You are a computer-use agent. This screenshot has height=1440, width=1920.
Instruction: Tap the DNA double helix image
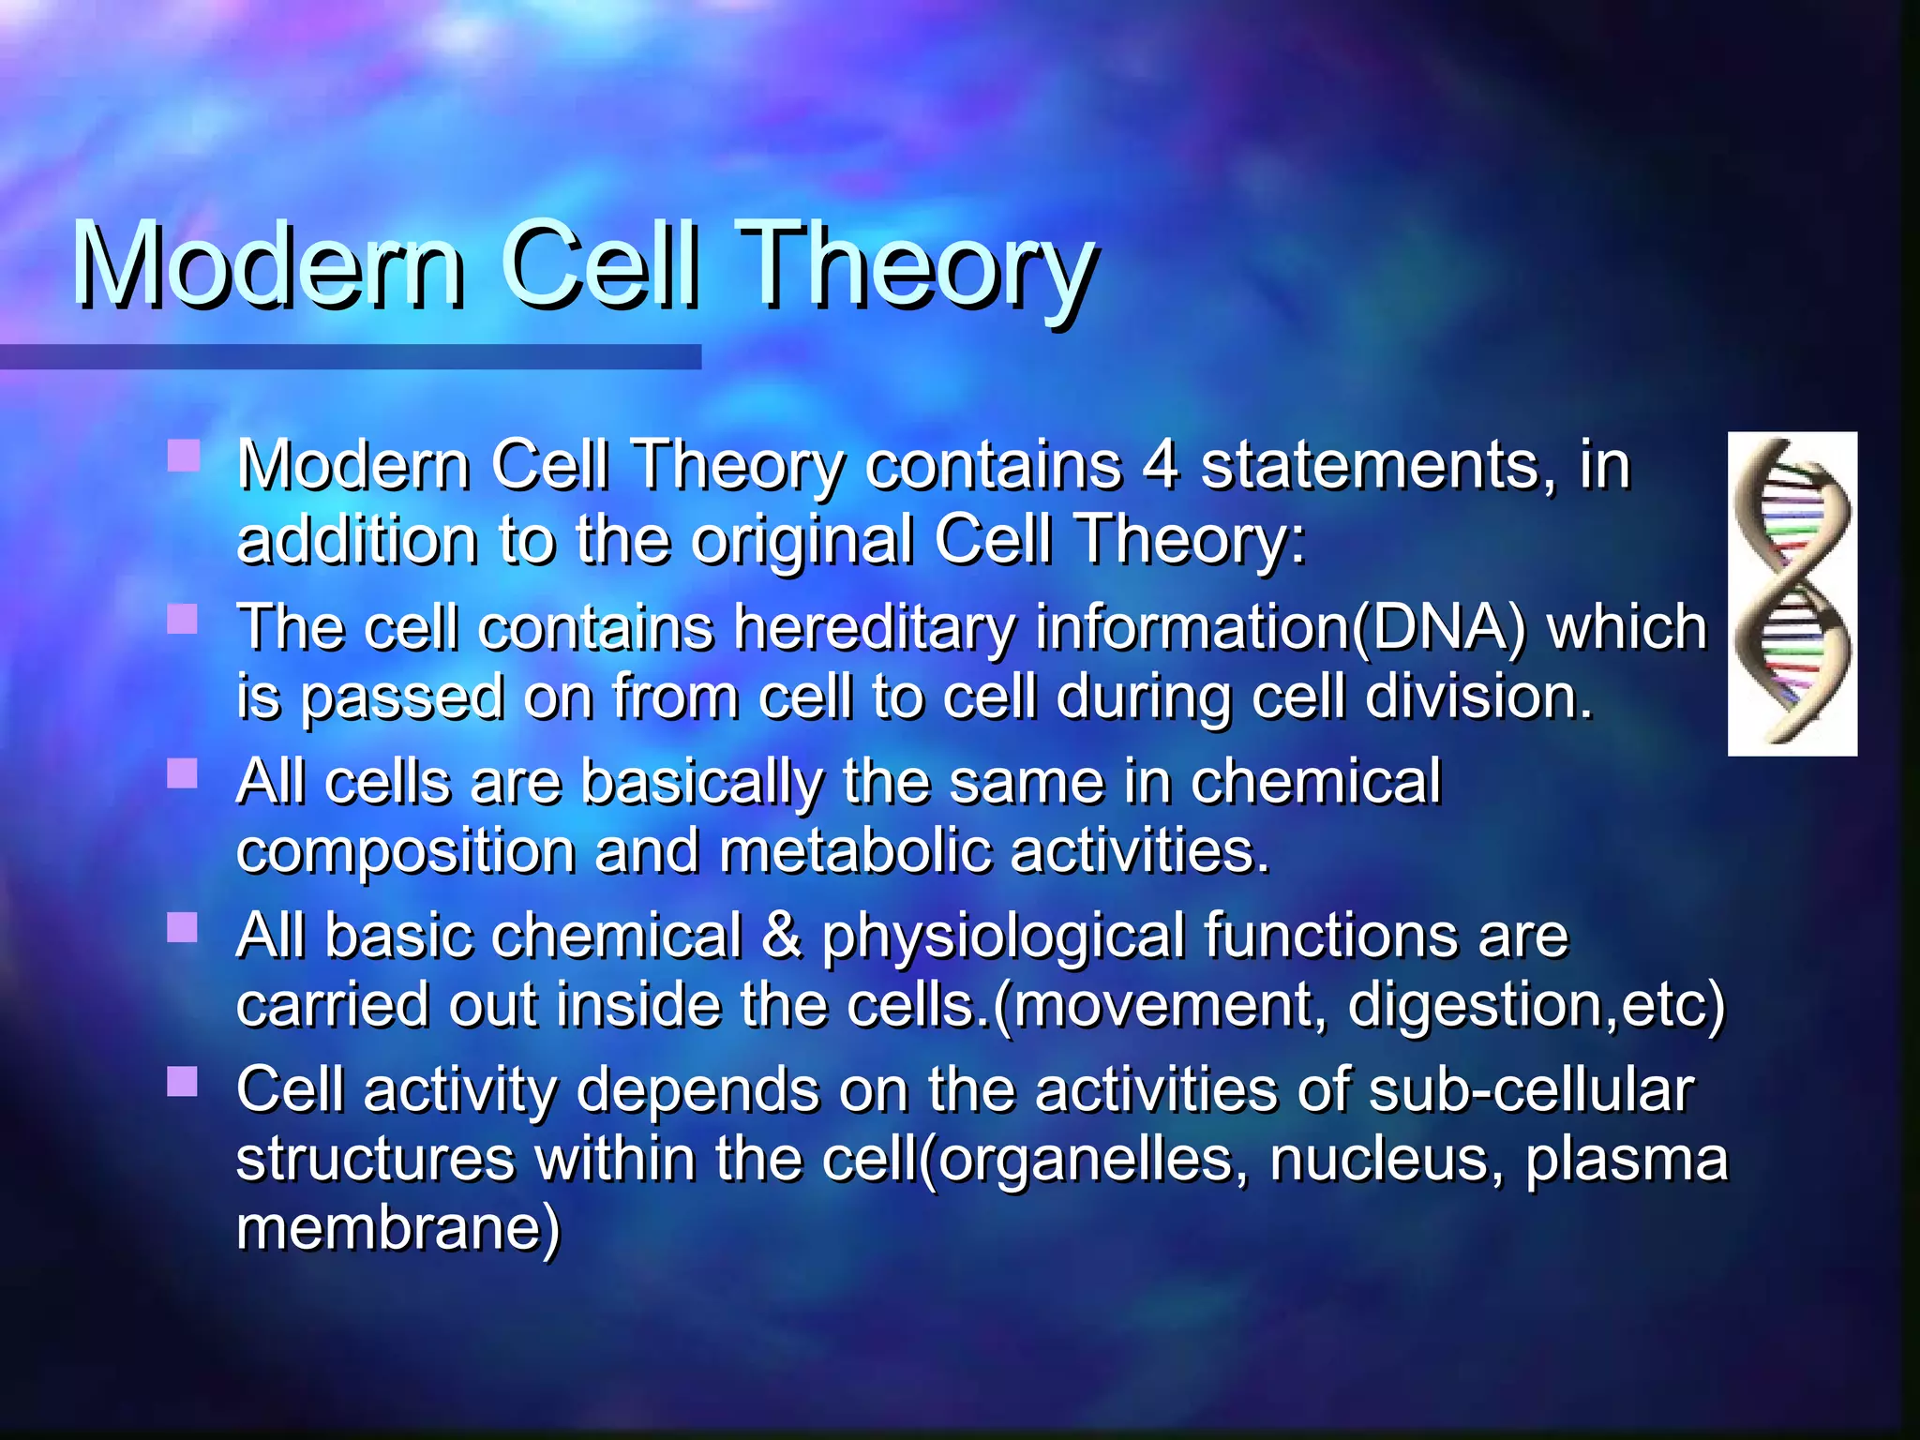pyautogui.click(x=1792, y=593)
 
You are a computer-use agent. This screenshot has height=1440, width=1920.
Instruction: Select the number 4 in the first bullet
pyautogui.click(x=1161, y=465)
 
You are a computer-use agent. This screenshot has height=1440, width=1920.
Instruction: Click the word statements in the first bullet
pyautogui.click(x=1370, y=465)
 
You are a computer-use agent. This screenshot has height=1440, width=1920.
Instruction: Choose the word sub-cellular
pyautogui.click(x=1531, y=1089)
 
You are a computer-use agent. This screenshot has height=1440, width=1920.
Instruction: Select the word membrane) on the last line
pyautogui.click(x=397, y=1228)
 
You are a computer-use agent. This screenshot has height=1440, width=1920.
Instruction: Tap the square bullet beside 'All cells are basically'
pyautogui.click(x=182, y=773)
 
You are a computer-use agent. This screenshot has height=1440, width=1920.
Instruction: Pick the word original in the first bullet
pyautogui.click(x=802, y=540)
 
